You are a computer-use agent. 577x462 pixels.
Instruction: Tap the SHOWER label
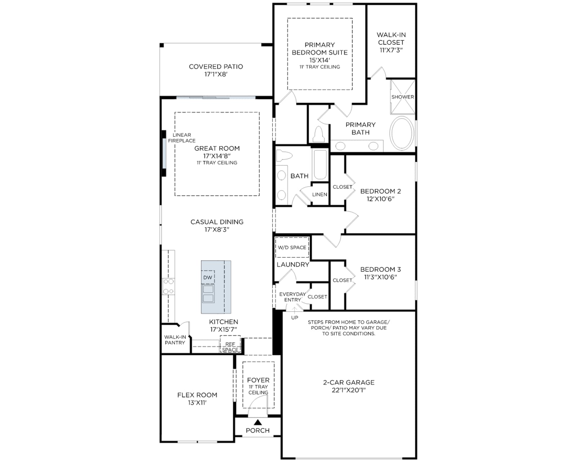[x=402, y=97]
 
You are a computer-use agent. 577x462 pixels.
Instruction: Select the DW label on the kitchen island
[x=207, y=278]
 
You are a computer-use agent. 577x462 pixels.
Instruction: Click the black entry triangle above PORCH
[x=257, y=423]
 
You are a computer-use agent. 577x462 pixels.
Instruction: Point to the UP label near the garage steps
[x=295, y=318]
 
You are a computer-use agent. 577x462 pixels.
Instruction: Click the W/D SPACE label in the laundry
[x=292, y=248]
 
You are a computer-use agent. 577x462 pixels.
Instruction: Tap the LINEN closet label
[x=320, y=194]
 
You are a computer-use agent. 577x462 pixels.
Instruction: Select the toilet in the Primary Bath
[x=319, y=134]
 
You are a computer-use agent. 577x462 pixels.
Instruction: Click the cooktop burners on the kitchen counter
[x=169, y=286]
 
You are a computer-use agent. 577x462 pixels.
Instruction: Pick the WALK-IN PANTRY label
[x=175, y=340]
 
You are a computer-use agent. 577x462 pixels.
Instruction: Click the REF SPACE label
[x=230, y=347]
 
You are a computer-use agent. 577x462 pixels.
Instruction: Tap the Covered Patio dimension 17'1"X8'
[x=216, y=74]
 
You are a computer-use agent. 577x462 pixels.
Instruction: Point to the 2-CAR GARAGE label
[x=349, y=383]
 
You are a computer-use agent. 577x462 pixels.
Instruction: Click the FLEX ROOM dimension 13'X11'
[x=197, y=403]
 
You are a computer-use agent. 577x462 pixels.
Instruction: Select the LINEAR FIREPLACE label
[x=182, y=138]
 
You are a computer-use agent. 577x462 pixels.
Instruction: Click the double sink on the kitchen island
[x=208, y=294]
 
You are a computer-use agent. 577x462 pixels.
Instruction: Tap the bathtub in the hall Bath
[x=320, y=165]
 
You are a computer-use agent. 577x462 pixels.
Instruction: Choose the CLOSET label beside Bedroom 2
[x=342, y=187]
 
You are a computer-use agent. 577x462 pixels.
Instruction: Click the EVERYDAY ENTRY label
[x=292, y=297]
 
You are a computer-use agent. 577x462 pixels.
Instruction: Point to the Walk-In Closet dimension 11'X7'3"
[x=391, y=50]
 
